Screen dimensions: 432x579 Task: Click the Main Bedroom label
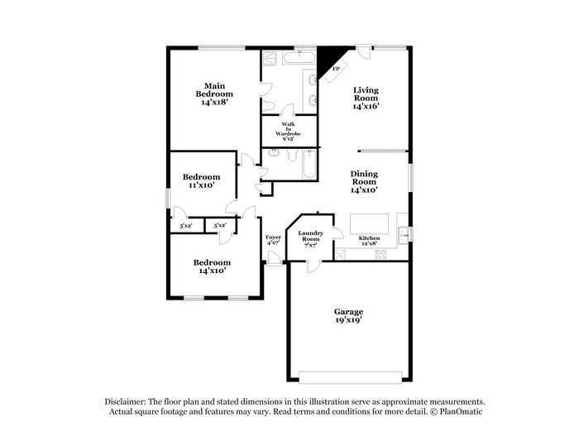coord(214,94)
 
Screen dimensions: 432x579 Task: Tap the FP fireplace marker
coord(336,70)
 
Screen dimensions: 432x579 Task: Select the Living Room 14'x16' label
coord(365,98)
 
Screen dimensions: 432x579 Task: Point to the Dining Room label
coord(364,181)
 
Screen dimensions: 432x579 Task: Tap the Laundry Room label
coord(310,239)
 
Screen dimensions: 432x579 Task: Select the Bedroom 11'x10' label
coord(201,181)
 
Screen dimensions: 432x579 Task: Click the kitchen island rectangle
coord(370,223)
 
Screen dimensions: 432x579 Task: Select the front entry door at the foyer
coord(273,257)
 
